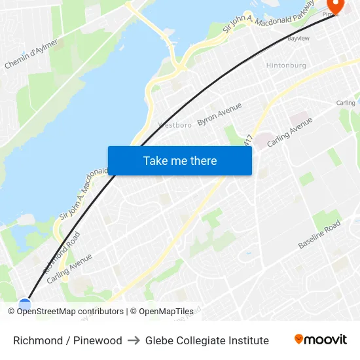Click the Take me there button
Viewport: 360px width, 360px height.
click(x=180, y=160)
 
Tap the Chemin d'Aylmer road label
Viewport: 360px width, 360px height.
click(x=31, y=54)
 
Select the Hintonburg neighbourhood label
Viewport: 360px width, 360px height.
click(x=285, y=65)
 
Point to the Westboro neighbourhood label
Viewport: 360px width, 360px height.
click(x=174, y=124)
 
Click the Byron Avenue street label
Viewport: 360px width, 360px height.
click(x=219, y=114)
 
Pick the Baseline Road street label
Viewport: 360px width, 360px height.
click(x=319, y=234)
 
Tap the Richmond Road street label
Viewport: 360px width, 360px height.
click(x=62, y=252)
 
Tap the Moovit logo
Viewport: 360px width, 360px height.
click(x=320, y=339)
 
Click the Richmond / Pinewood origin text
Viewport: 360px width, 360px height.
click(x=67, y=340)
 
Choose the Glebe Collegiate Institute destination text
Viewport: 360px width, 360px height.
click(x=207, y=340)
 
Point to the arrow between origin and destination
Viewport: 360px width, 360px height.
click(x=134, y=340)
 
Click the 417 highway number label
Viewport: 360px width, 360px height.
click(x=247, y=140)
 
